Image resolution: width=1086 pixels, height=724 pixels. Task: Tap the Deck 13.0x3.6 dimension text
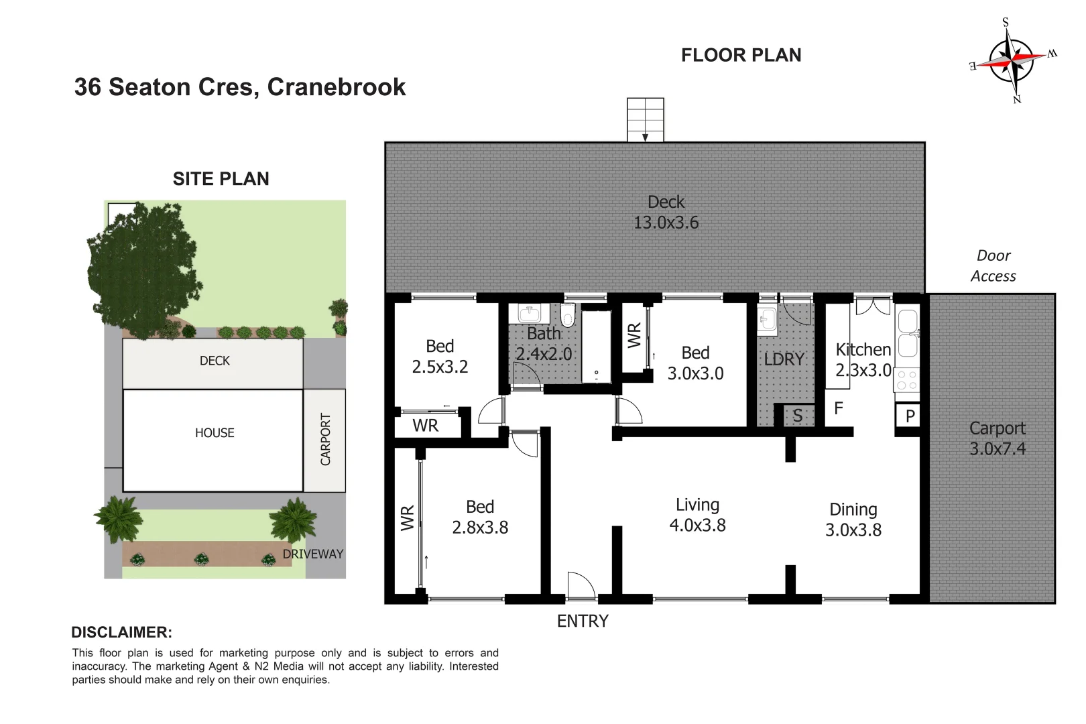point(666,223)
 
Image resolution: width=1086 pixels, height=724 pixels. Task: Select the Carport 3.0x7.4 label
point(998,438)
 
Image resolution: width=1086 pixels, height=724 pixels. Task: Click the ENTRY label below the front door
point(583,621)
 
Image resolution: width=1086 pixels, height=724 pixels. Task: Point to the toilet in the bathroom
point(567,315)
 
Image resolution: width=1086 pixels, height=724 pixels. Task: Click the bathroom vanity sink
point(529,313)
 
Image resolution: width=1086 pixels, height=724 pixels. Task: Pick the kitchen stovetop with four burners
point(906,380)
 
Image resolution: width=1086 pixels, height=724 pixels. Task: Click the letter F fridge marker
point(839,408)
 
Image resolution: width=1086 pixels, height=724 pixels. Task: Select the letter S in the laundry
point(798,416)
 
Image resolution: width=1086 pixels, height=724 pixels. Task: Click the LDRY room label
point(784,359)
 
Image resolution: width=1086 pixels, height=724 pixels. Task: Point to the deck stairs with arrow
point(646,120)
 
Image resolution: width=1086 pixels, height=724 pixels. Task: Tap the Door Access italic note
point(993,265)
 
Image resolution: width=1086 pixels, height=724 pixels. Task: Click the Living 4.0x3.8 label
point(697,515)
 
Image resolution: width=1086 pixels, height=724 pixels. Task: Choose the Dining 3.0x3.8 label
point(853,520)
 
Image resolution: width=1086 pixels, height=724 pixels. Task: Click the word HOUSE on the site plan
point(215,432)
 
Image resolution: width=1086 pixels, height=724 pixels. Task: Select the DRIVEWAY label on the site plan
point(312,554)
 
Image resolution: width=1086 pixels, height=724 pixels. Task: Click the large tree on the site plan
point(144,270)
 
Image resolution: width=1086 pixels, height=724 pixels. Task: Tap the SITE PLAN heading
point(221,179)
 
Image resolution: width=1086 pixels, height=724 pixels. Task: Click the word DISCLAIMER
point(121,632)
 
